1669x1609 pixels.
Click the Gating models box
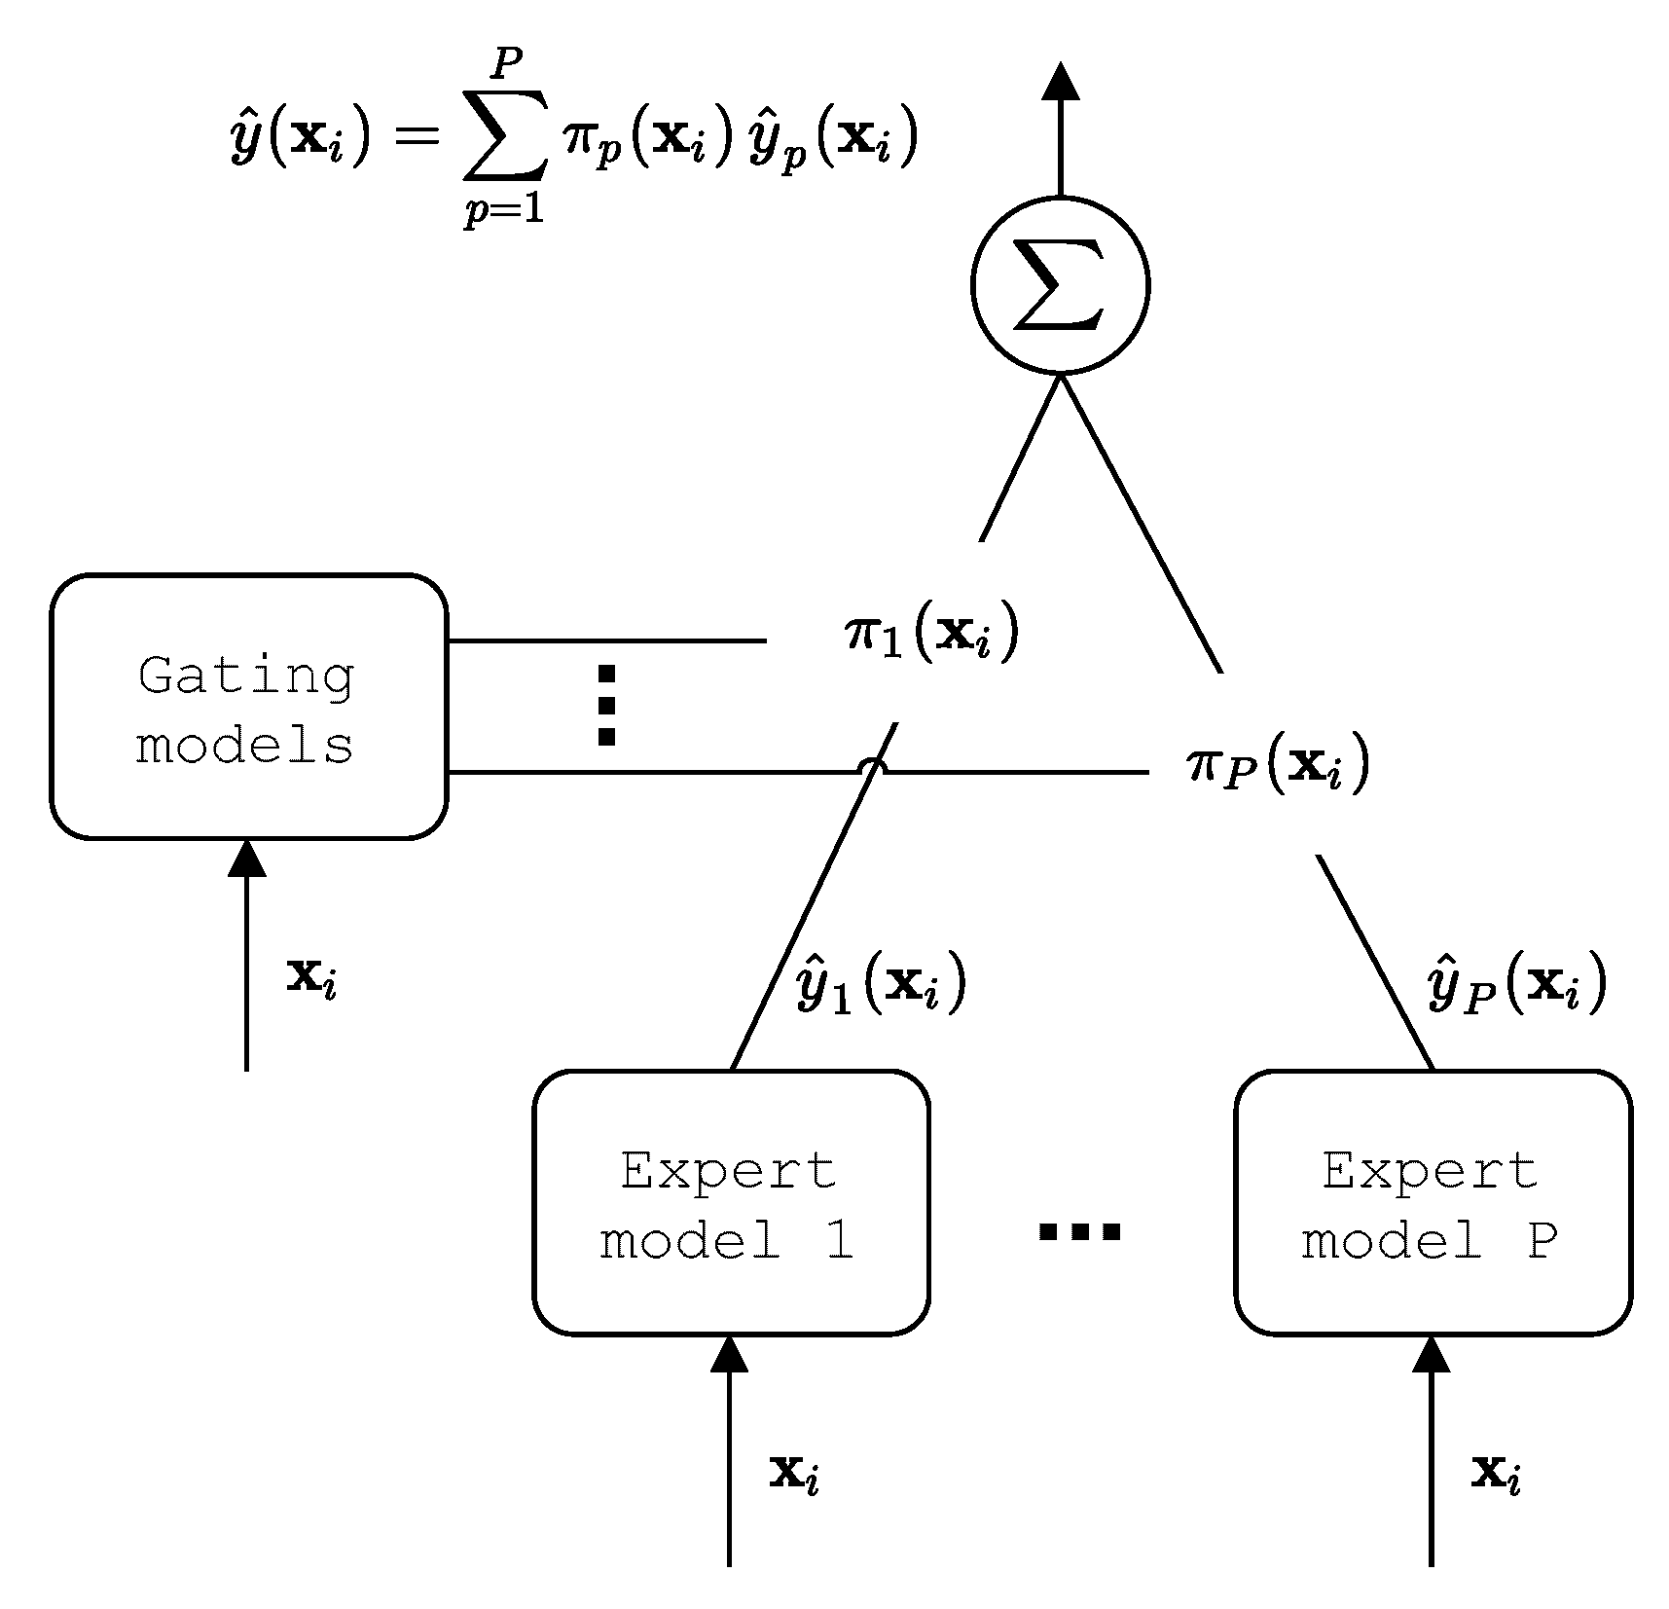click(248, 707)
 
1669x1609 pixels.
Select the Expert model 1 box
click(730, 1203)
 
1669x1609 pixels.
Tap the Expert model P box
click(1433, 1203)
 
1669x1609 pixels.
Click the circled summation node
click(1060, 284)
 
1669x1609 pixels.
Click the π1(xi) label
click(930, 634)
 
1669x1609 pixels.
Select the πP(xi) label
click(1278, 764)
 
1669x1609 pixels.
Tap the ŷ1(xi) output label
click(881, 985)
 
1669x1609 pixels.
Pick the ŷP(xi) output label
click(1516, 985)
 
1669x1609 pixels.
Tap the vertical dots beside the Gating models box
click(606, 706)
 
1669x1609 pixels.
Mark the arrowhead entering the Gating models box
click(246, 859)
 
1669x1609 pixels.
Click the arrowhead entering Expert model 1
click(729, 1354)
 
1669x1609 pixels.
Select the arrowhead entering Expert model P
click(1431, 1354)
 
